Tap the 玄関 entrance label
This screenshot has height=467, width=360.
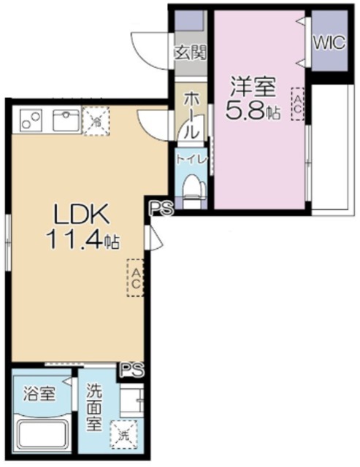point(191,52)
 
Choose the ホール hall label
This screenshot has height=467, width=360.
point(191,115)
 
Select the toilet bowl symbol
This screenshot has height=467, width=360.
point(192,188)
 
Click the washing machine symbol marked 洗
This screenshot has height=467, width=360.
point(122,436)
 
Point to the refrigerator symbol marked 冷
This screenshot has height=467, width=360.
point(95,120)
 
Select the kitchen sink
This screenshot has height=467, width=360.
point(64,120)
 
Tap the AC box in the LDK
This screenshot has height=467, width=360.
point(136,277)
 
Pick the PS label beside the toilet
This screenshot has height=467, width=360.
point(161,209)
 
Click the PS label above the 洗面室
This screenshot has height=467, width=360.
point(131,369)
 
